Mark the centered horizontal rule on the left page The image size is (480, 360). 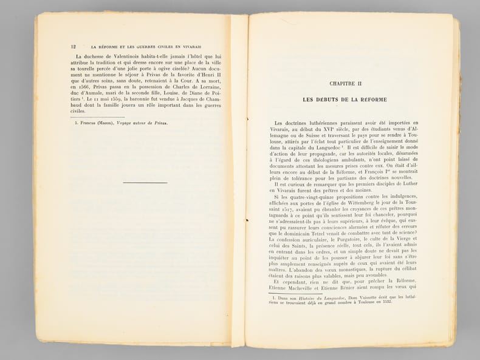pyautogui.click(x=145, y=182)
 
